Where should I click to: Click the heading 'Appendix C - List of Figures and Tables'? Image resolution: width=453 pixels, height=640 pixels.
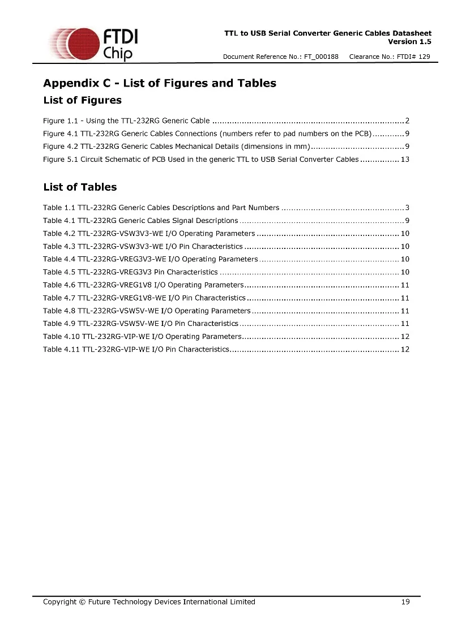click(160, 83)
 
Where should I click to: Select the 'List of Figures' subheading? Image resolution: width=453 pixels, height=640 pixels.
click(82, 101)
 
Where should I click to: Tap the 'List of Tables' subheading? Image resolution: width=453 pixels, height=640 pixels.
click(80, 187)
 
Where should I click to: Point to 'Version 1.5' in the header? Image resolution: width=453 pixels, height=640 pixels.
click(409, 41)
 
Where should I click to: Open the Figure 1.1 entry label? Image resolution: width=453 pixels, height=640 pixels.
click(54, 121)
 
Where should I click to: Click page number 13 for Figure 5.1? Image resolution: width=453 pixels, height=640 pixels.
click(405, 160)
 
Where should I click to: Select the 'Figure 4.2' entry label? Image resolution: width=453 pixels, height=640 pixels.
click(54, 147)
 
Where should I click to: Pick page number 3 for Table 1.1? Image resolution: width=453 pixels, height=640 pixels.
click(407, 208)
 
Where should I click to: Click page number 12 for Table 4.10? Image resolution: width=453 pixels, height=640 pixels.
click(405, 337)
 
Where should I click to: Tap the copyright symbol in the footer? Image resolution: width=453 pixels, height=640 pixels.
click(82, 602)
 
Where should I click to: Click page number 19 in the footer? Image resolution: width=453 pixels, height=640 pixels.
click(405, 602)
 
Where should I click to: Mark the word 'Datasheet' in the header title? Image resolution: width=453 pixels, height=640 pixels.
click(412, 33)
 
